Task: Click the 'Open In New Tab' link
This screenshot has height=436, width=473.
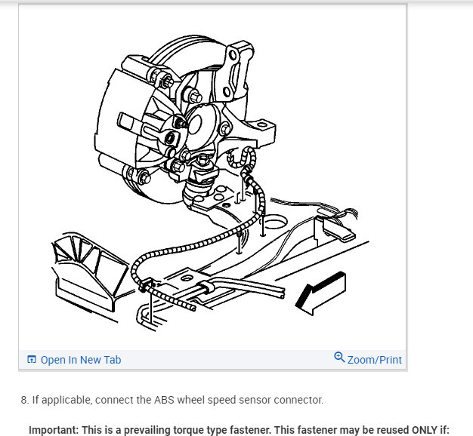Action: coord(80,360)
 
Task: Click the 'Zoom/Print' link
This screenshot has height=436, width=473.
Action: coord(374,360)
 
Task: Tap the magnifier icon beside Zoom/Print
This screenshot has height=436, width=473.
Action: coord(339,358)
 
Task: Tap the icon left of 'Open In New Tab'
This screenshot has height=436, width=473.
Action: coord(32,360)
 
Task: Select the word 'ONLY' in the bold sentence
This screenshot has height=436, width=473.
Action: coord(419,430)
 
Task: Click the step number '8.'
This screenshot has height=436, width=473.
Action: coord(25,400)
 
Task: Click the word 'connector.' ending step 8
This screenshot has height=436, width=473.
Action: coord(297,400)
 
